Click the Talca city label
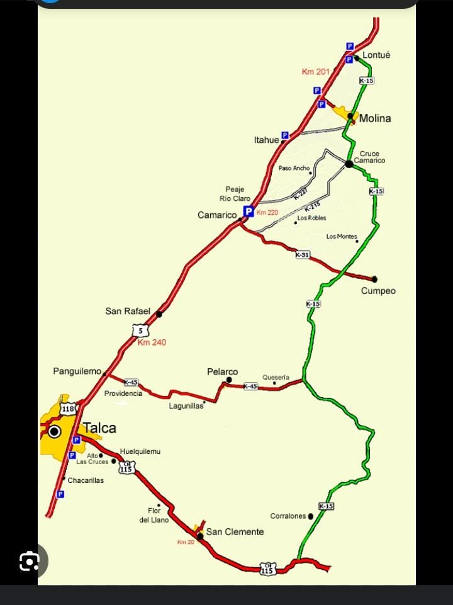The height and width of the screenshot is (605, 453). click(99, 428)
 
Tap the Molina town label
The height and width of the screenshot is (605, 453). click(375, 118)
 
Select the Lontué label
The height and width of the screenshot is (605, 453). click(376, 55)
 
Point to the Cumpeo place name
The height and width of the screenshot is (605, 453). click(378, 291)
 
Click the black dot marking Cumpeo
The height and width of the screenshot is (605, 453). click(374, 279)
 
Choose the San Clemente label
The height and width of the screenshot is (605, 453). click(235, 532)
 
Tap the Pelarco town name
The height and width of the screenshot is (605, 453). click(223, 372)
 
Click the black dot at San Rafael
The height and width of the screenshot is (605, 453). click(159, 314)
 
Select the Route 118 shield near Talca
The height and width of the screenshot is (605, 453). click(68, 409)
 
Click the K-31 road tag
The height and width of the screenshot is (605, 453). click(303, 254)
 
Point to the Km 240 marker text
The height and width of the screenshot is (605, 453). click(152, 342)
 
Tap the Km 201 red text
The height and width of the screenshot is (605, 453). click(315, 72)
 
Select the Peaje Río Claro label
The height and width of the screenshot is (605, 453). click(235, 194)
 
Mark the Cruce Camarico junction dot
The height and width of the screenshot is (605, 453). click(349, 164)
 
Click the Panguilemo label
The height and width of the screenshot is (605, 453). click(77, 371)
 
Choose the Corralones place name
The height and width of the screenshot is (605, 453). click(288, 516)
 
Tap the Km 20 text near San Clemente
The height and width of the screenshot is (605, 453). click(186, 542)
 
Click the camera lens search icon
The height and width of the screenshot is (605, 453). click(30, 561)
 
